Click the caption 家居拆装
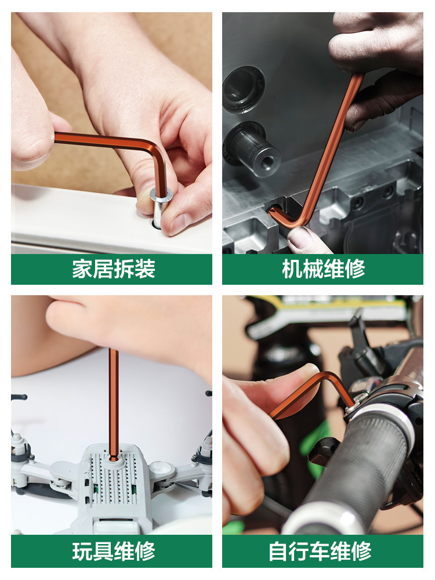pyautogui.click(x=114, y=269)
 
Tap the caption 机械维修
pyautogui.click(x=323, y=269)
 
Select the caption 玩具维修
pyautogui.click(x=114, y=551)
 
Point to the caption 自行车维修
pyautogui.click(x=320, y=551)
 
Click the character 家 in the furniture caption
pyautogui.click(x=82, y=269)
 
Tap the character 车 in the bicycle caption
pyautogui.click(x=320, y=551)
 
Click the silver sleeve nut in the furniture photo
pyautogui.click(x=160, y=207)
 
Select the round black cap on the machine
pyautogui.click(x=244, y=89)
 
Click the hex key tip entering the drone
pyautogui.click(x=114, y=456)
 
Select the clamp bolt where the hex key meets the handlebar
pyautogui.click(x=354, y=404)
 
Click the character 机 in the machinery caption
pyautogui.click(x=292, y=269)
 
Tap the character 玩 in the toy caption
pyautogui.click(x=82, y=551)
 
